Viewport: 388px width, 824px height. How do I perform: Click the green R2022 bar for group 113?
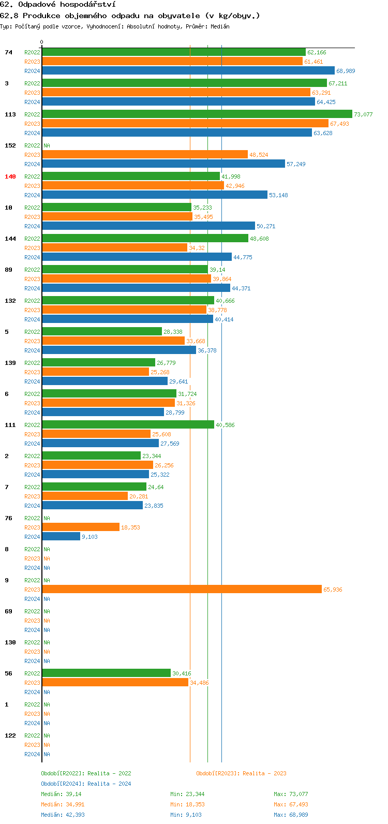197,114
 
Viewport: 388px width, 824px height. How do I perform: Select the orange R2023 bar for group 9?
182,590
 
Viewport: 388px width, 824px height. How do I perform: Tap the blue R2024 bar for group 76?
61,537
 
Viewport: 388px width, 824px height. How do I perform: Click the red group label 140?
10,176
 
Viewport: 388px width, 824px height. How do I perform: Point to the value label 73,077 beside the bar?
363,114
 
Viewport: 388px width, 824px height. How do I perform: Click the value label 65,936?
333,590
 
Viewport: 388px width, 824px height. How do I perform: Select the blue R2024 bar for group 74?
188,71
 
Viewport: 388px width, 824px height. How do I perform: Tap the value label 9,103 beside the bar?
89,537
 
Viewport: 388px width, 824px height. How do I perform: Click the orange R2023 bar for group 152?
145,155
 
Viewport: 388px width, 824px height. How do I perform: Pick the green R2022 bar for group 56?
106,673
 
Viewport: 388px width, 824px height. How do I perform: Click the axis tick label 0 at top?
42,42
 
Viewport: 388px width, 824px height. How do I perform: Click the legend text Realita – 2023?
264,773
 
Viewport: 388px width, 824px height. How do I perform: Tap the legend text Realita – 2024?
109,784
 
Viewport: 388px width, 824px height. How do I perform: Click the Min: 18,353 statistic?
187,804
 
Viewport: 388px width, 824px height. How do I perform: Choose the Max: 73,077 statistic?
291,794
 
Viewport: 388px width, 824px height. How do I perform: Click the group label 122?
10,735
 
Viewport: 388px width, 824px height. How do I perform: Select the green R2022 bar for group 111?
128,425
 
